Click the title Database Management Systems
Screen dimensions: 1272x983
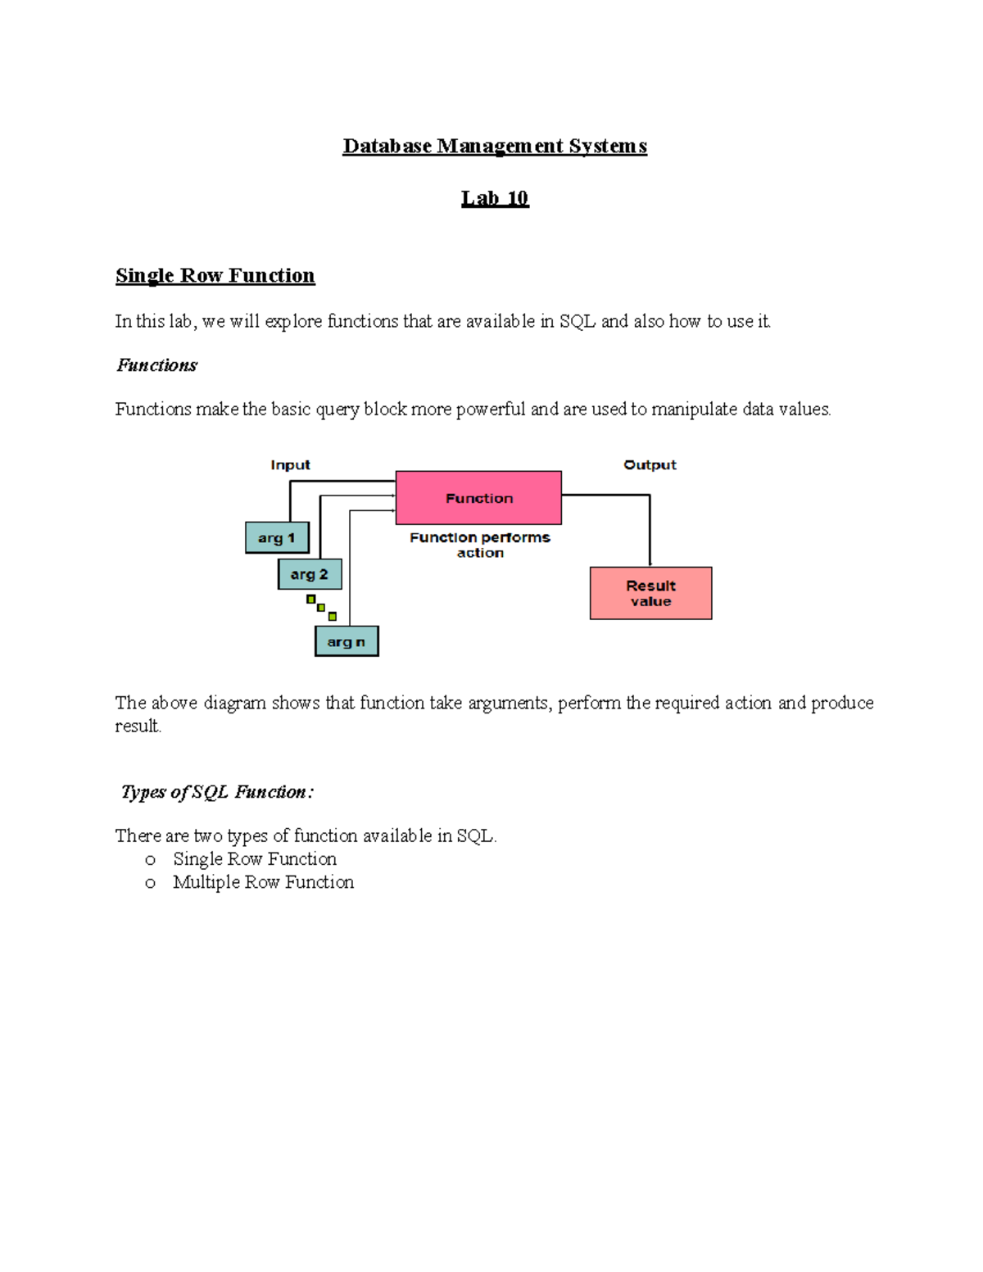click(x=495, y=146)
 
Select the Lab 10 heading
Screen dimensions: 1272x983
click(x=495, y=198)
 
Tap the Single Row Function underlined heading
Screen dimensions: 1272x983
click(x=215, y=275)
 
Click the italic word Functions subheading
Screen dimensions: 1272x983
click(x=156, y=365)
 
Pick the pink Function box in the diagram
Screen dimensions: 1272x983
click(x=478, y=498)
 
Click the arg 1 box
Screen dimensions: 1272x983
click(x=277, y=538)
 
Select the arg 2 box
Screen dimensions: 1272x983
click(x=310, y=574)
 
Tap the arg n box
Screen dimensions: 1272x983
click(x=347, y=641)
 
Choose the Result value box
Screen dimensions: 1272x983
click(x=650, y=593)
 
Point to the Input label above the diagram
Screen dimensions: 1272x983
click(x=290, y=464)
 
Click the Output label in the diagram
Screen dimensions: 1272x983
click(x=650, y=464)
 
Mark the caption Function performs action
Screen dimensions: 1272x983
click(x=480, y=545)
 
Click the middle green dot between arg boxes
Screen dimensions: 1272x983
click(x=321, y=608)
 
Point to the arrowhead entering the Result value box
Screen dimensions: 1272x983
click(x=650, y=564)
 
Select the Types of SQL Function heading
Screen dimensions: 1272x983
click(x=216, y=792)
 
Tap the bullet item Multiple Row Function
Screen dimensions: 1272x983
click(x=263, y=882)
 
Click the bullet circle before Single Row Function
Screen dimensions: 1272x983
click(x=150, y=860)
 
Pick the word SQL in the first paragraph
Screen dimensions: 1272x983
click(x=577, y=321)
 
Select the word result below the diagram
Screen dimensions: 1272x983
click(x=137, y=726)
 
